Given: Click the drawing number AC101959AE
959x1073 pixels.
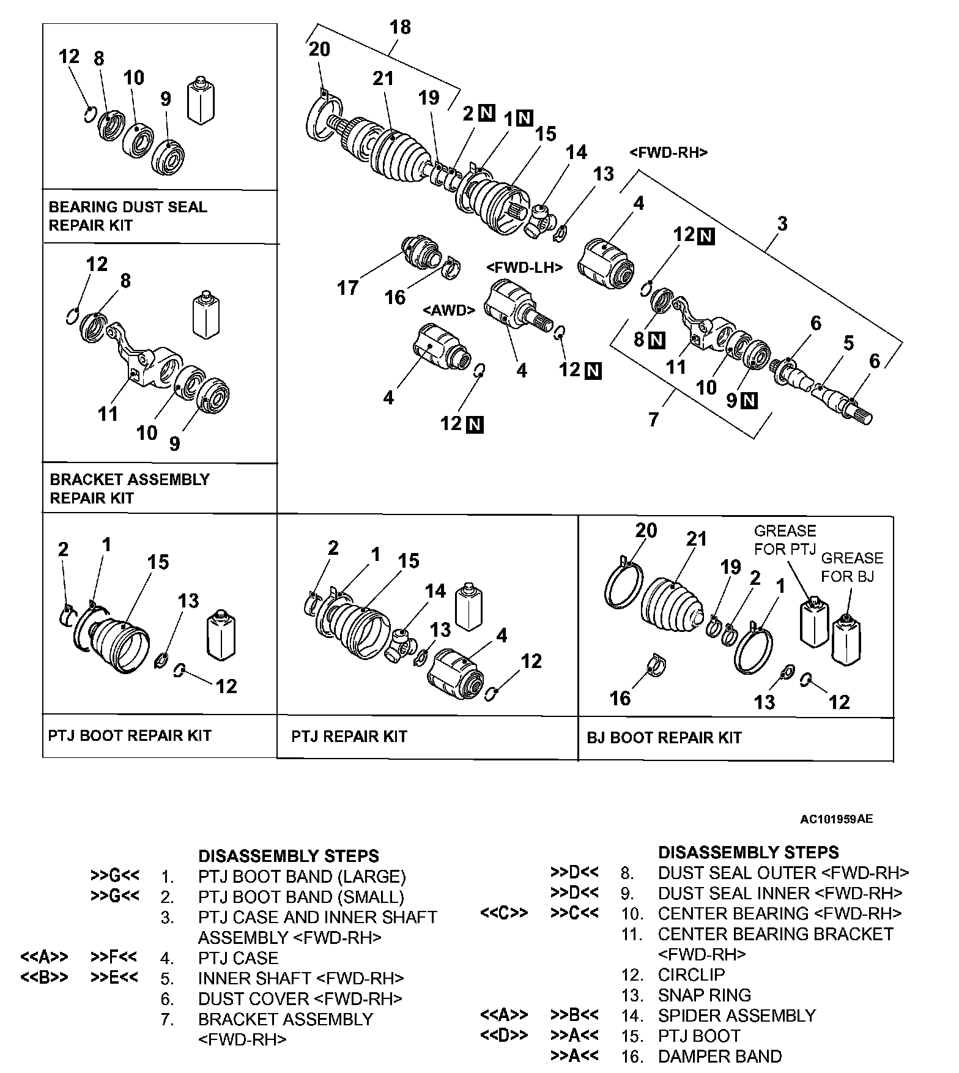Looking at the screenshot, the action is pyautogui.click(x=836, y=819).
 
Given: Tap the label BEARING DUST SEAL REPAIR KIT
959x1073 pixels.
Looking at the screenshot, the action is pyautogui.click(x=128, y=216).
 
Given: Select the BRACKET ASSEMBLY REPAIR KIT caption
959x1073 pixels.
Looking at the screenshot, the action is pyautogui.click(x=130, y=488).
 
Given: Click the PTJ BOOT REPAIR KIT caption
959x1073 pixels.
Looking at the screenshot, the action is pyautogui.click(x=130, y=735).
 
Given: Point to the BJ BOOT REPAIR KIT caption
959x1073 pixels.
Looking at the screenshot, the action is pyautogui.click(x=664, y=738).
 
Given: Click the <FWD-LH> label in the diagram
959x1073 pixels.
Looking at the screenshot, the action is pyautogui.click(x=524, y=267).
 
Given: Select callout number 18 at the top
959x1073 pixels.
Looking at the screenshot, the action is pyautogui.click(x=400, y=28).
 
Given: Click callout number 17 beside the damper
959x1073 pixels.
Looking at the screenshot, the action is pyautogui.click(x=348, y=288).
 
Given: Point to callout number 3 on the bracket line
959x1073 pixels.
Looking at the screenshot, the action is pyautogui.click(x=782, y=224).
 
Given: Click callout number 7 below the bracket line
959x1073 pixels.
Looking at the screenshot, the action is pyautogui.click(x=654, y=419).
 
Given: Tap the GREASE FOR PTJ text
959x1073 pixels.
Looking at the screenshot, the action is pyautogui.click(x=785, y=540).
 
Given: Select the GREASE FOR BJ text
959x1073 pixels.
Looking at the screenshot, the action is pyautogui.click(x=852, y=567).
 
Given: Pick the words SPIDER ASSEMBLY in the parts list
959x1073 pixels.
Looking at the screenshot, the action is pyautogui.click(x=737, y=1015).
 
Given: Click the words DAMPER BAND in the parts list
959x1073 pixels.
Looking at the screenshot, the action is pyautogui.click(x=720, y=1056).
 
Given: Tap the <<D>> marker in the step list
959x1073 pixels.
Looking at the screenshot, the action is pyautogui.click(x=504, y=1036).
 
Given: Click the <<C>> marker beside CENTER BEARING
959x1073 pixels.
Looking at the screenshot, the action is pyautogui.click(x=504, y=913).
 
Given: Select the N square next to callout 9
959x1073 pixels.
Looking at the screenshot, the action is pyautogui.click(x=749, y=401).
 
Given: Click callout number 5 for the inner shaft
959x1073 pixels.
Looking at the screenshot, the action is pyautogui.click(x=848, y=343).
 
